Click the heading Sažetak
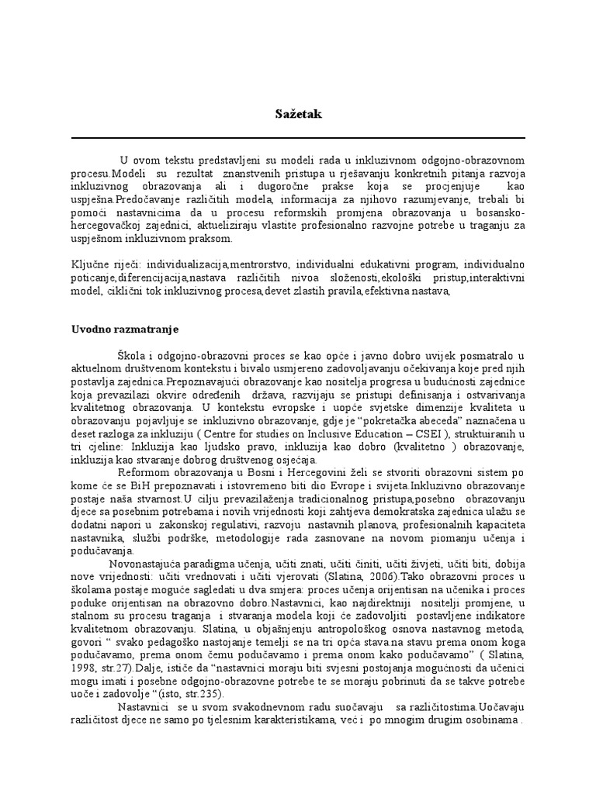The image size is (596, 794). coord(297,114)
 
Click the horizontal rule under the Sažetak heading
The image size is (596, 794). coord(297,138)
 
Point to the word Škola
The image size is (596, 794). coord(132,352)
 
